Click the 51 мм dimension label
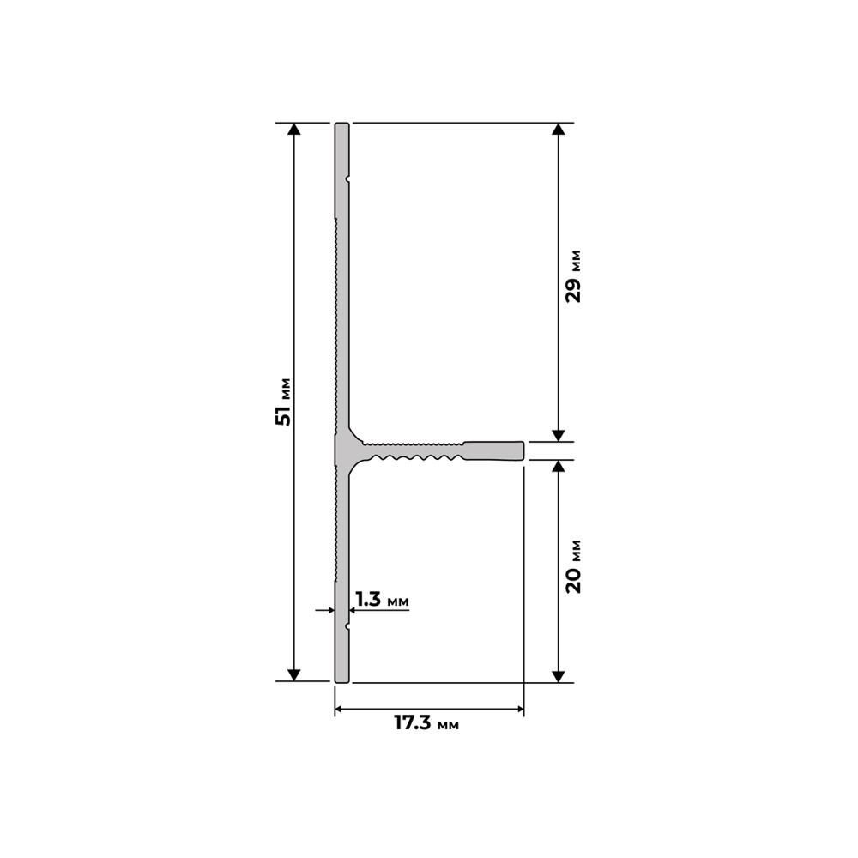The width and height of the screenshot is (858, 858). point(283,402)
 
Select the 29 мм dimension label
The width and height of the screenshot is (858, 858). point(573,276)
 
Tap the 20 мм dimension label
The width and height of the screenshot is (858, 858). point(573,567)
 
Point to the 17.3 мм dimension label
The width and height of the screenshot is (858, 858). point(426,722)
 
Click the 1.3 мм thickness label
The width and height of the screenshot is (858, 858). point(382,599)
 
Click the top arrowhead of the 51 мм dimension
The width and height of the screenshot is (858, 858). point(293,129)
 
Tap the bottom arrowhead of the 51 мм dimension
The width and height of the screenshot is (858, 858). point(293,675)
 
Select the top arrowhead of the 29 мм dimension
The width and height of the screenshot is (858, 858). point(558,129)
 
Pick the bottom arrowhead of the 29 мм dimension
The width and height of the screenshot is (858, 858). point(558,436)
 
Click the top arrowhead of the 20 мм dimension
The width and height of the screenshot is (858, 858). point(558,466)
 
